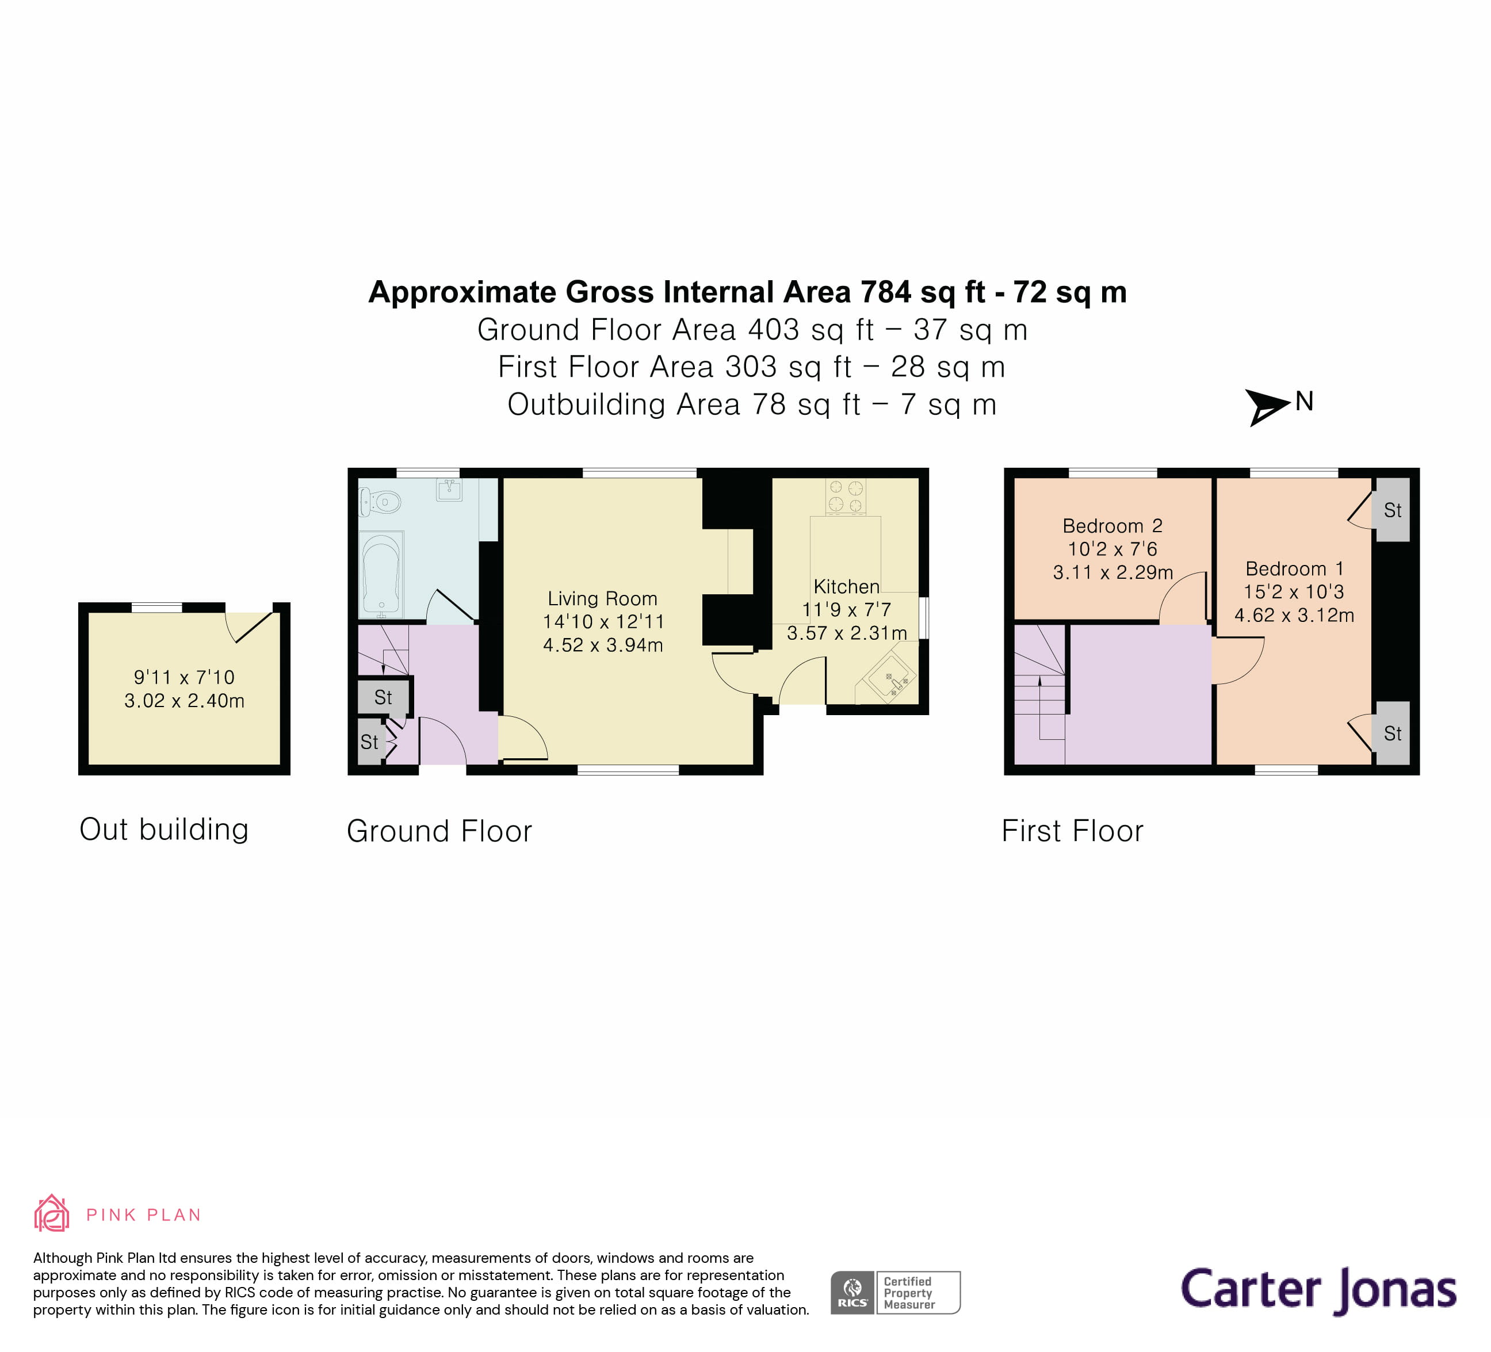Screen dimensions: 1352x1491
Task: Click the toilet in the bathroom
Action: tap(380, 503)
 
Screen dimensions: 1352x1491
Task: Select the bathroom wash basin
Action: tap(449, 489)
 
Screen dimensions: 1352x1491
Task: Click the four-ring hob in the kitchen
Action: tap(846, 497)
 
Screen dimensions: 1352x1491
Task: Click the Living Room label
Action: tap(602, 598)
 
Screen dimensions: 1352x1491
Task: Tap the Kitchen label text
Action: tap(846, 586)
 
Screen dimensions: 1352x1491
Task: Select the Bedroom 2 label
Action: tap(1112, 526)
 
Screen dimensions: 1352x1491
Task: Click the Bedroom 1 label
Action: tap(1294, 569)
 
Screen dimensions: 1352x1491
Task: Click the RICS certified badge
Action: tap(895, 1292)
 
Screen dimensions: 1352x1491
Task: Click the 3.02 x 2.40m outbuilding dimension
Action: tap(184, 700)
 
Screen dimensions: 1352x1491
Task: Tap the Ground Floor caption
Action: tap(439, 831)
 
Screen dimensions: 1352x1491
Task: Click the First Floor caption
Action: tap(1072, 831)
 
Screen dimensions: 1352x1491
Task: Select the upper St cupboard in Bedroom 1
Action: tap(1392, 510)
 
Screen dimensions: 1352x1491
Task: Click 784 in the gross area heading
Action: tap(885, 292)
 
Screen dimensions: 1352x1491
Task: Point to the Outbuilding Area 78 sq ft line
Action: tap(751, 404)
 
